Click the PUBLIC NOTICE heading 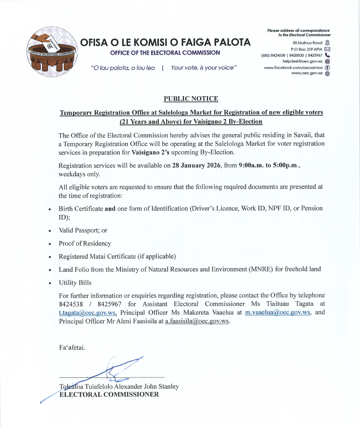click(191, 99)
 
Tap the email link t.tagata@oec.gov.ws click(87, 313)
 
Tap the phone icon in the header click(327, 55)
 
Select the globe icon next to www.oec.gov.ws click(327, 74)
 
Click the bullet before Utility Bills click(49, 283)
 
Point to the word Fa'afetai click(72, 348)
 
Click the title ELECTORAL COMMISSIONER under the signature click(109, 395)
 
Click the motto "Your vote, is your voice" click(204, 68)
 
